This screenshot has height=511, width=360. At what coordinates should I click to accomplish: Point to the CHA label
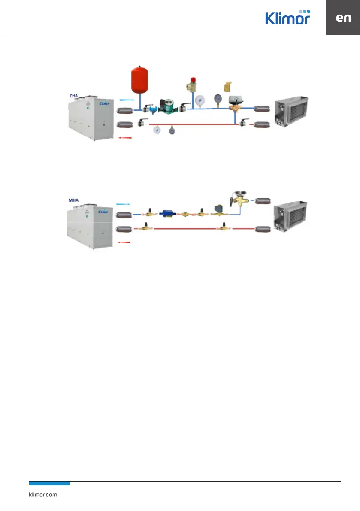[75, 96]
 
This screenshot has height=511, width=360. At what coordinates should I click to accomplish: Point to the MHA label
[75, 200]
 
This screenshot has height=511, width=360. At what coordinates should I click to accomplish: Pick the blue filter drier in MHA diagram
[165, 212]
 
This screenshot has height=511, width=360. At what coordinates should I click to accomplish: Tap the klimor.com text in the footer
[42, 494]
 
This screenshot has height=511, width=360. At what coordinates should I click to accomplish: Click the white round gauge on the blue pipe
[200, 100]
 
